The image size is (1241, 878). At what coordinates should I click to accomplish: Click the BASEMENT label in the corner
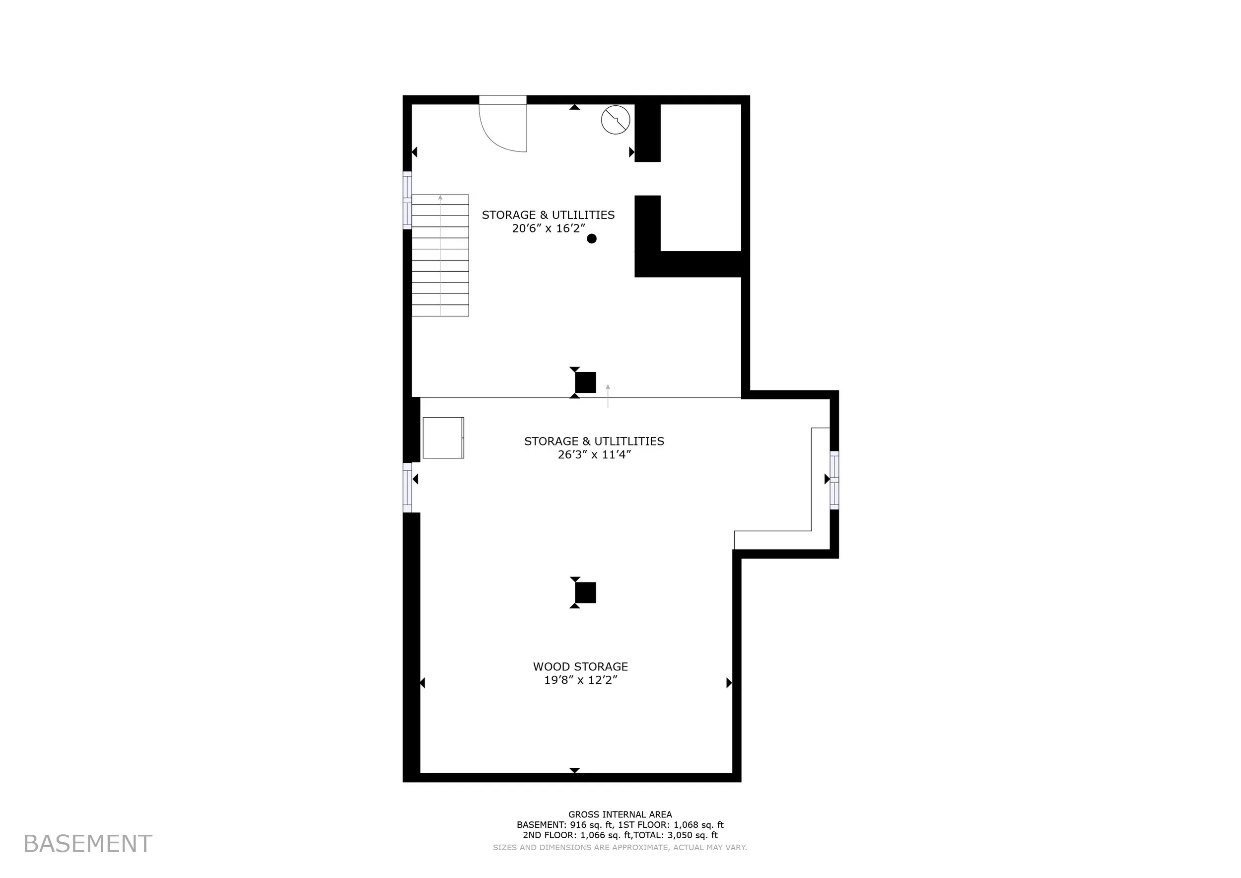[x=87, y=844]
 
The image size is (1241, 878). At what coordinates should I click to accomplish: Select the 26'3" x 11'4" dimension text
[x=595, y=455]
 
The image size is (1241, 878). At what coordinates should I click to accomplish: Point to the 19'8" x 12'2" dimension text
[x=580, y=680]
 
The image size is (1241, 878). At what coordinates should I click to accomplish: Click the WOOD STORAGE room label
[x=580, y=666]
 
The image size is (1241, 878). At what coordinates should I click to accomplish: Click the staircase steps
[x=440, y=255]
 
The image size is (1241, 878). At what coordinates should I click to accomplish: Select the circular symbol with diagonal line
[x=616, y=120]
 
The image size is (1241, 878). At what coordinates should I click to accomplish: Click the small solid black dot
[x=592, y=238]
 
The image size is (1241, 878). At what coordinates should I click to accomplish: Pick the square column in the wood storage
[x=585, y=592]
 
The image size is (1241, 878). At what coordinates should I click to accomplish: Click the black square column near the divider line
[x=585, y=382]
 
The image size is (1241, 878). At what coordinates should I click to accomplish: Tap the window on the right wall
[x=834, y=480]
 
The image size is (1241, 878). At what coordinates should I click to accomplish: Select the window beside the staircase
[x=408, y=200]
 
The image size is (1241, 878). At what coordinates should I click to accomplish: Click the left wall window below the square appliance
[x=408, y=487]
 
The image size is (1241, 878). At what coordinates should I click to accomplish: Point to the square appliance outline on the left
[x=443, y=438]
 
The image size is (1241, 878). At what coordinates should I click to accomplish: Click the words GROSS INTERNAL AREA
[x=620, y=814]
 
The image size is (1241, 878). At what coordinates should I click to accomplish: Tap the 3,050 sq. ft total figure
[x=693, y=835]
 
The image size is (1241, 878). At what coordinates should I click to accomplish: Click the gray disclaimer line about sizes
[x=620, y=848]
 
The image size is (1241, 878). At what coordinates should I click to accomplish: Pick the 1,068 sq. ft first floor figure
[x=698, y=825]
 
